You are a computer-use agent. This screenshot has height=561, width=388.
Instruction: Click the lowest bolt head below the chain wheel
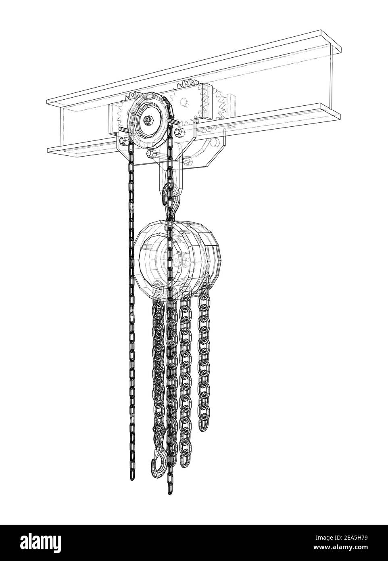tap(150, 154)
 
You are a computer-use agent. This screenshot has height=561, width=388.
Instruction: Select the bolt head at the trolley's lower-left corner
tap(122, 141)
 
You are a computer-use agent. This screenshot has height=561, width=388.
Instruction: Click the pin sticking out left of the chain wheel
tap(121, 130)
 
